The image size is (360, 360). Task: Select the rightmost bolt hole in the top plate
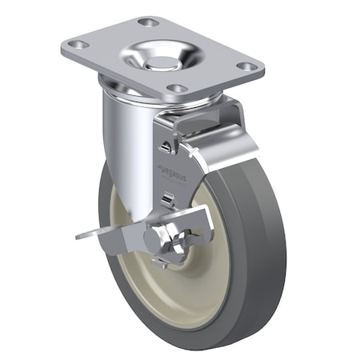[x=248, y=67]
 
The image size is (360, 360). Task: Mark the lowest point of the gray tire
[x=172, y=349]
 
